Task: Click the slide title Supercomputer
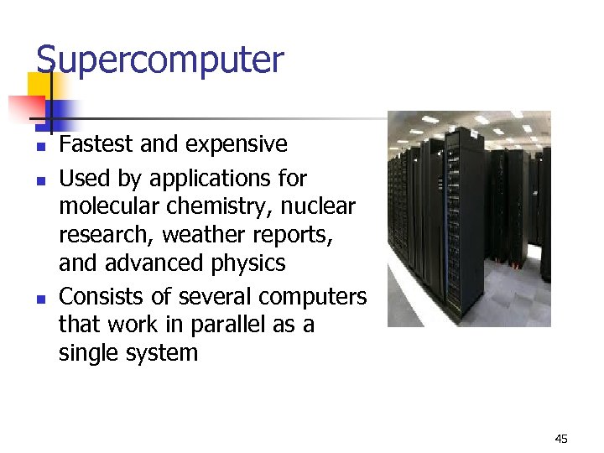click(x=159, y=61)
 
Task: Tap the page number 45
click(x=561, y=439)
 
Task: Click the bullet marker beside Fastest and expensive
click(x=39, y=146)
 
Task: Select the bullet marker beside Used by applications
click(x=39, y=180)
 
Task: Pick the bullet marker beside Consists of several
click(x=39, y=298)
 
